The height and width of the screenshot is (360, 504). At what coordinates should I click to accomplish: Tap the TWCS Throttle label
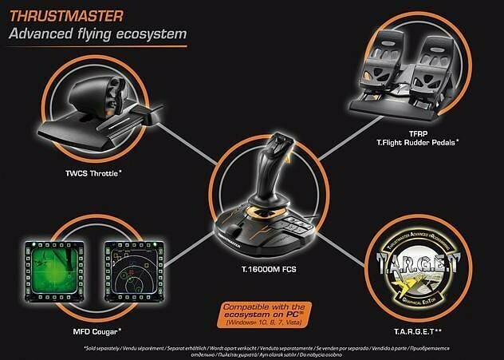pos(89,172)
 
